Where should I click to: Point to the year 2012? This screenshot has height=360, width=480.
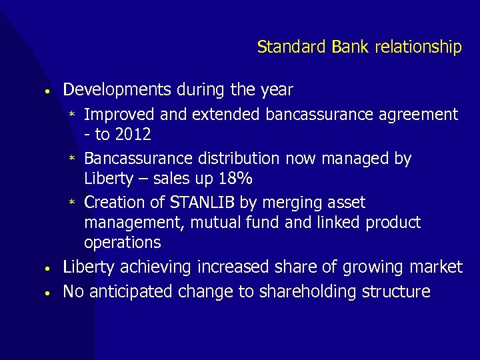pos(133,135)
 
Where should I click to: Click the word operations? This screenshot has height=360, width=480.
pos(123,242)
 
